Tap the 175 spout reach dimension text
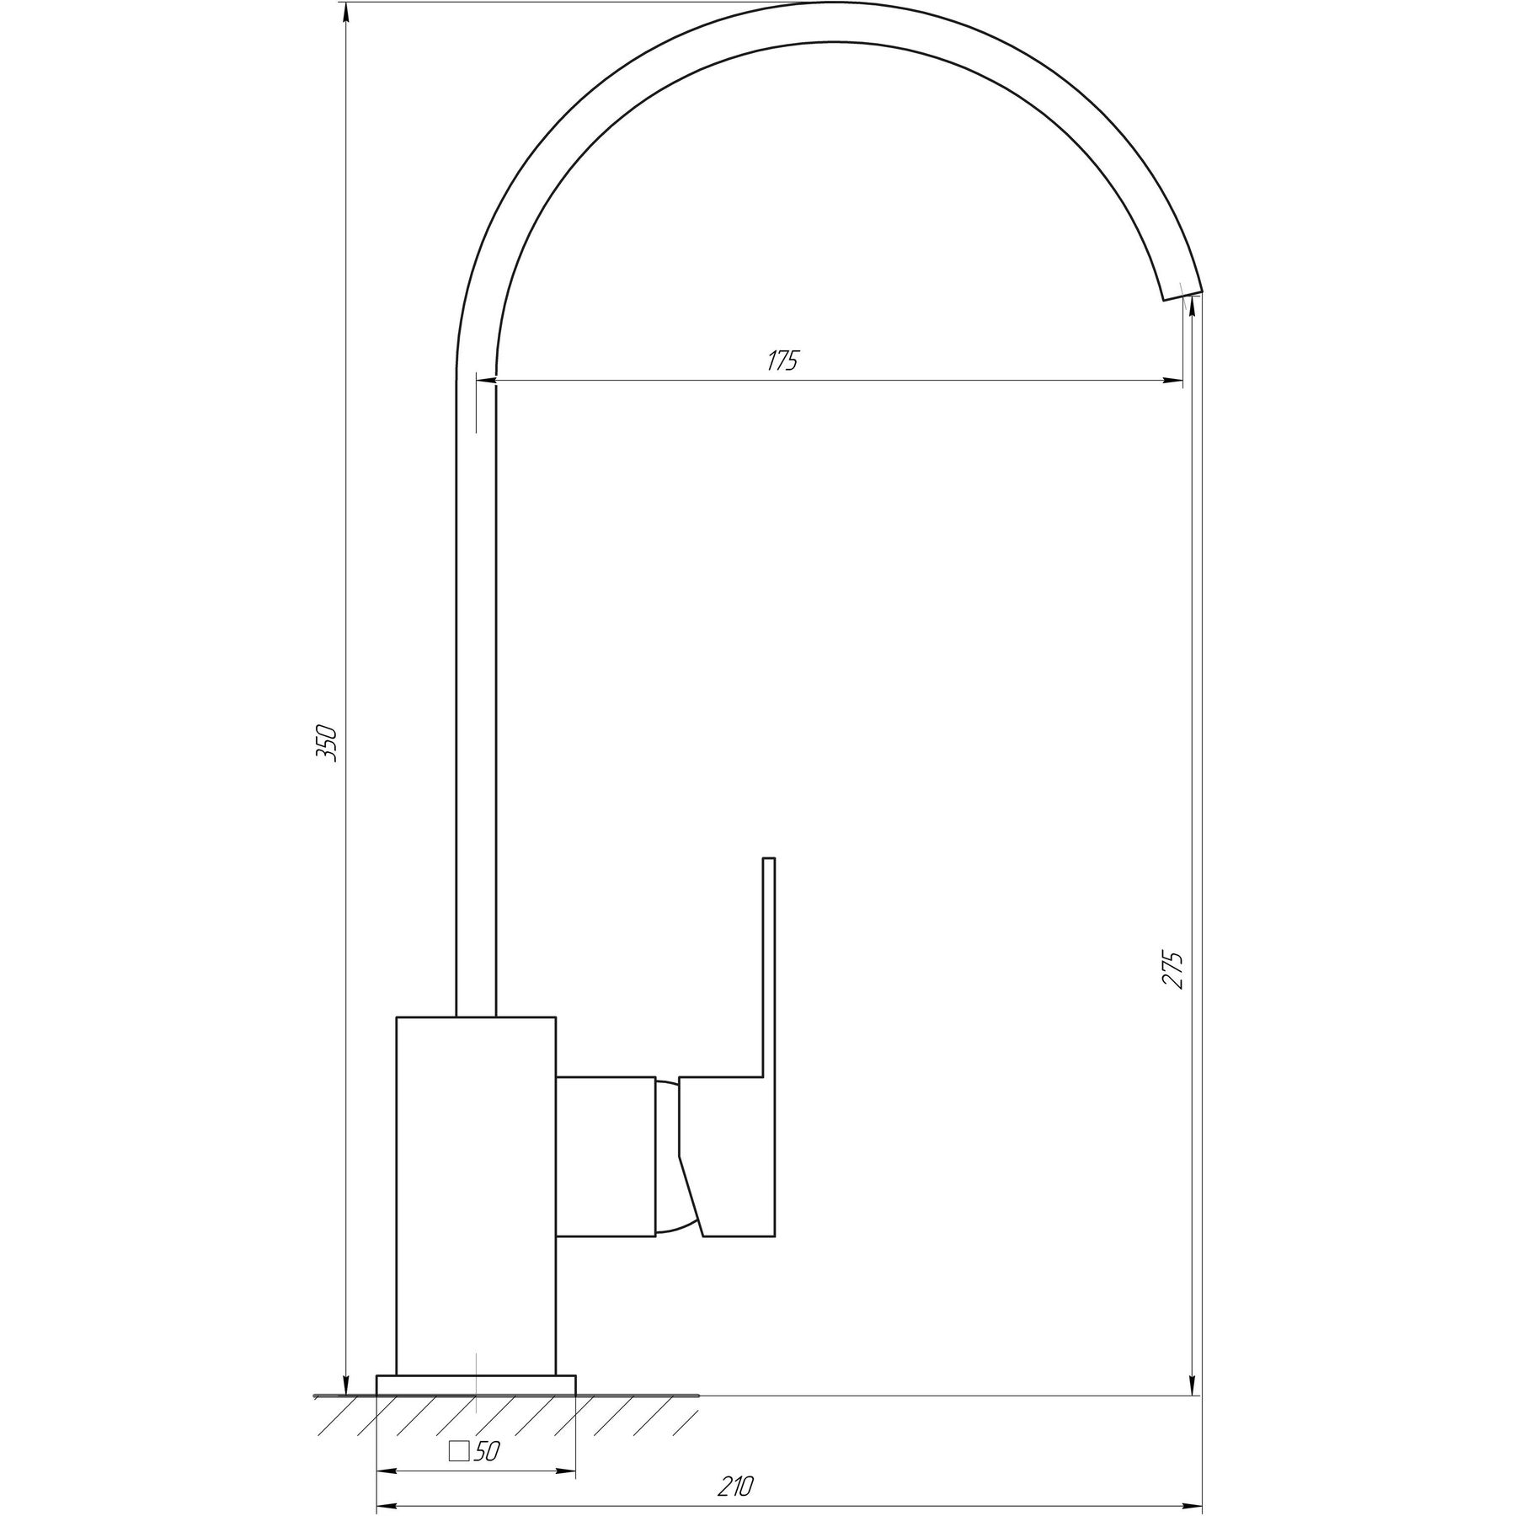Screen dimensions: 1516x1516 (782, 360)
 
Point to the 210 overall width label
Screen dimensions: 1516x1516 (736, 1463)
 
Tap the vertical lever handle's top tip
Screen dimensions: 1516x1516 (768, 859)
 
